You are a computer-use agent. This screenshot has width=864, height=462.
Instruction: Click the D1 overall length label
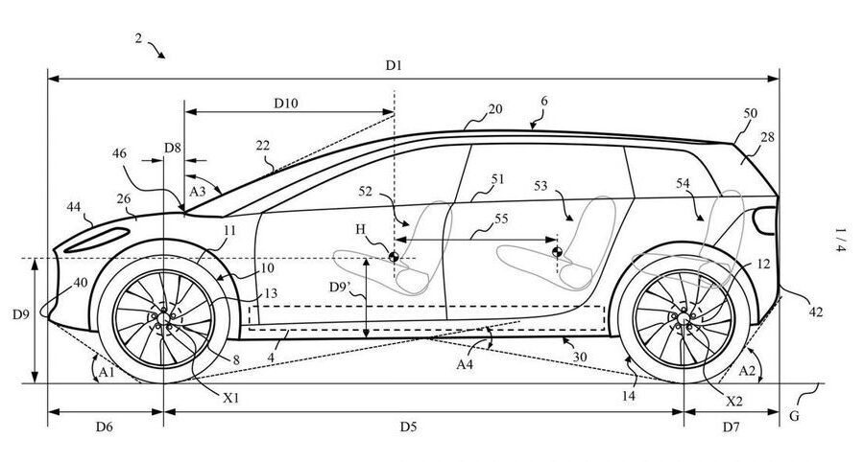point(394,66)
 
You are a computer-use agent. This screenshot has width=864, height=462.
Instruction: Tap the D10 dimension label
point(286,103)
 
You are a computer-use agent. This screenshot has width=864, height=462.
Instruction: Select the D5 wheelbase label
point(408,427)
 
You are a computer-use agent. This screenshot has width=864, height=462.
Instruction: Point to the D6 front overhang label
point(105,427)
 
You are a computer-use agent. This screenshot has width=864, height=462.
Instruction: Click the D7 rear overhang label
point(732,427)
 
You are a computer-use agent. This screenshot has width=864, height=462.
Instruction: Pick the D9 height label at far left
point(21,314)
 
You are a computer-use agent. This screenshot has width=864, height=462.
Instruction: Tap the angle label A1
point(107,372)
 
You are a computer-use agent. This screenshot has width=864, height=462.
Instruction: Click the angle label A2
point(747,371)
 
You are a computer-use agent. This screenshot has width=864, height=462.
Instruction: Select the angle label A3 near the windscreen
point(197,191)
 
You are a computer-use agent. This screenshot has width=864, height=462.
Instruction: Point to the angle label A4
point(465,363)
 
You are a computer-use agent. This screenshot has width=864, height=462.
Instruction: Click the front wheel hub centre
point(163,318)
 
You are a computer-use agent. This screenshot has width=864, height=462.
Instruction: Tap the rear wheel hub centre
point(684,318)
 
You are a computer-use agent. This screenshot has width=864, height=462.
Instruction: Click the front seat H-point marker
point(394,256)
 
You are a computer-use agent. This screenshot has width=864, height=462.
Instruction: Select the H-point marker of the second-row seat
point(557,252)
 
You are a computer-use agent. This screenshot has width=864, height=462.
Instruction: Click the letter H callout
point(360,229)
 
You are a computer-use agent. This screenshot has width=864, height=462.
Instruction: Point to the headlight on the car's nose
point(97,240)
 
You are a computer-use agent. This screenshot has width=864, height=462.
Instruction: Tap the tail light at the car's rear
point(765,220)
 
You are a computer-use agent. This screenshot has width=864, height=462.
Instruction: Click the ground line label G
point(794,416)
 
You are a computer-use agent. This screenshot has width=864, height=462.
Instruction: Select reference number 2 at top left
point(138,38)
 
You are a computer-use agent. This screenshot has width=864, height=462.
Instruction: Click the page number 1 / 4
point(839,240)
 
